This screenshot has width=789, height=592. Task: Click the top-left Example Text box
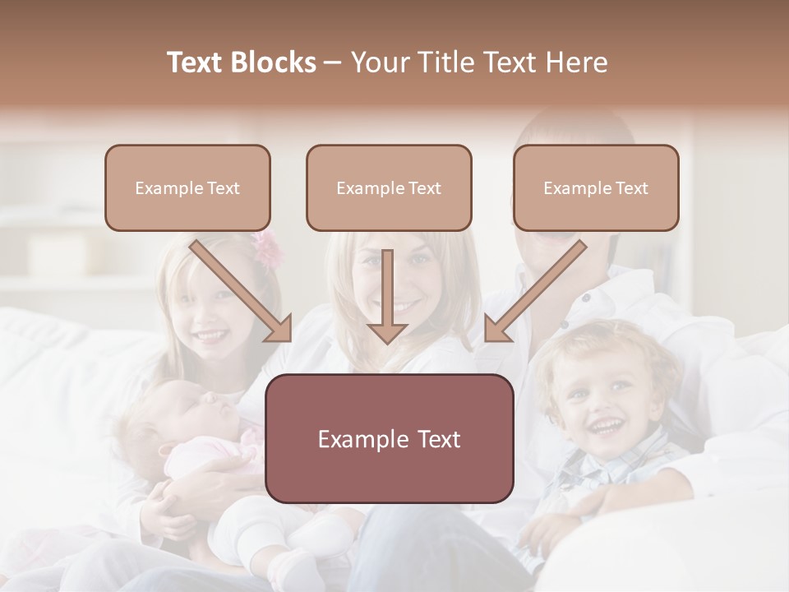(187, 188)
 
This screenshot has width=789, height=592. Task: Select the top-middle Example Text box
(389, 188)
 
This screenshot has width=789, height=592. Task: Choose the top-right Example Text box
(596, 188)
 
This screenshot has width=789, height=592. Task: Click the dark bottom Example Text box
(389, 439)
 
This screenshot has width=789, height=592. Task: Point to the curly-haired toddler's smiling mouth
(607, 427)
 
